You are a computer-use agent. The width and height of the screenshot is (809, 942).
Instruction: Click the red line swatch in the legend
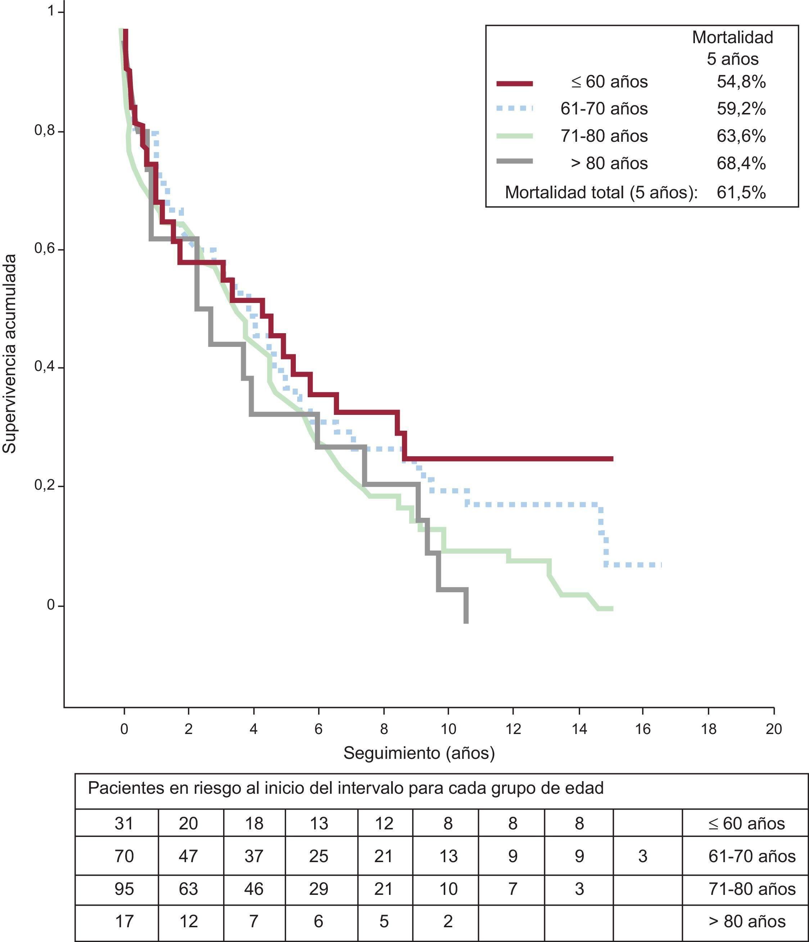coord(514,83)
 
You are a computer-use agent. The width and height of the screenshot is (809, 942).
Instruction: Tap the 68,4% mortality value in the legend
coord(741,163)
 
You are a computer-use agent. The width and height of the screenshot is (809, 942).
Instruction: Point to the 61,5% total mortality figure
coord(741,193)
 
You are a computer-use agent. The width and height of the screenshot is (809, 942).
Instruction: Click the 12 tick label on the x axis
coord(514,729)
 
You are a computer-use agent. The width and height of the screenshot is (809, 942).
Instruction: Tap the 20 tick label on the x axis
coord(773,729)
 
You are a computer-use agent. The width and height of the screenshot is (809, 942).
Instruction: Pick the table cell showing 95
coord(124,889)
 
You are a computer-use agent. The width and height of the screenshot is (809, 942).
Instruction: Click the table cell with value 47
coord(188,856)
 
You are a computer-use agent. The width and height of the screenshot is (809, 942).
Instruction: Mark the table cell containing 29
coord(318,889)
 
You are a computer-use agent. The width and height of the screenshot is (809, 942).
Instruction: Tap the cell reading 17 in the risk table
coord(124,921)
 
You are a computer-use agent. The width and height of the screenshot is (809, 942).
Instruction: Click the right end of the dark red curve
coord(612,459)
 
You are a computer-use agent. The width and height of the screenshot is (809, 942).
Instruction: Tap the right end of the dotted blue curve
coord(660,565)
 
